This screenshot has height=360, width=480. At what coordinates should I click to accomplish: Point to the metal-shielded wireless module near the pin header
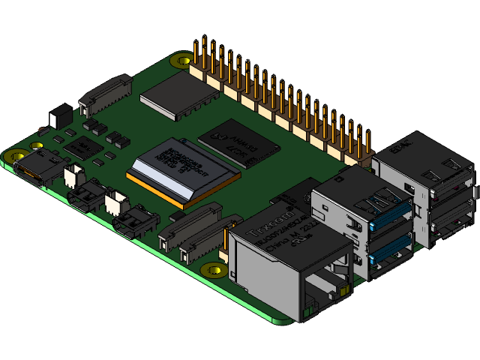coord(177,95)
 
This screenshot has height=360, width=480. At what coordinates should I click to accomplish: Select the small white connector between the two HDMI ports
coord(116,201)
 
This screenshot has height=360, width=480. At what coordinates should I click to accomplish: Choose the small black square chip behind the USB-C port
coord(79,145)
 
